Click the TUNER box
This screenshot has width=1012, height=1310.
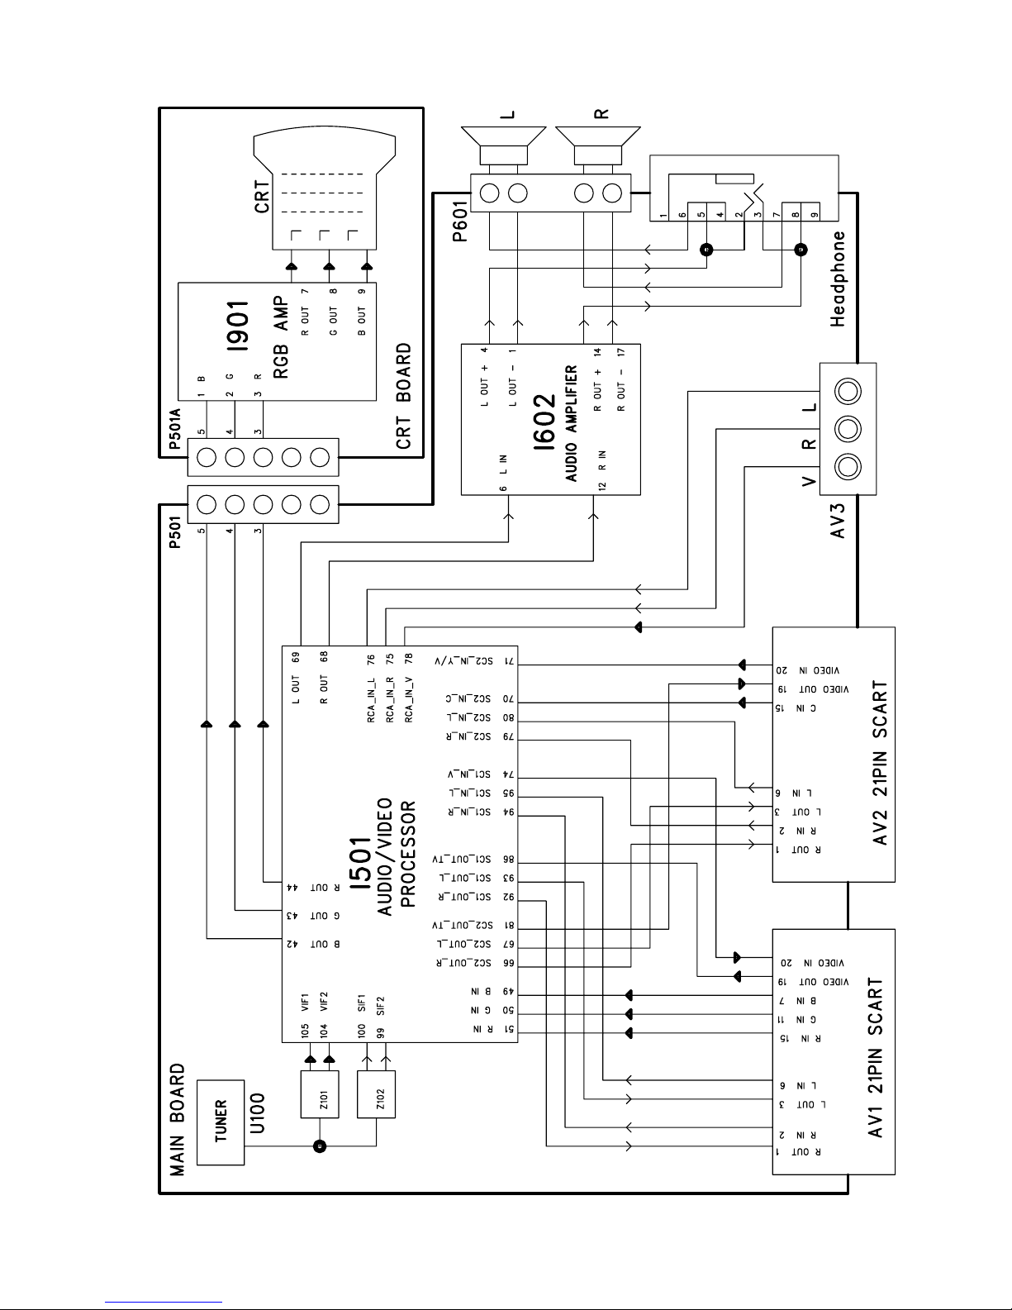coord(221,1122)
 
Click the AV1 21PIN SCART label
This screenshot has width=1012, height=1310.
coord(877,1058)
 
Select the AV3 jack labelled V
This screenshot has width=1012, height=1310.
coord(848,468)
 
